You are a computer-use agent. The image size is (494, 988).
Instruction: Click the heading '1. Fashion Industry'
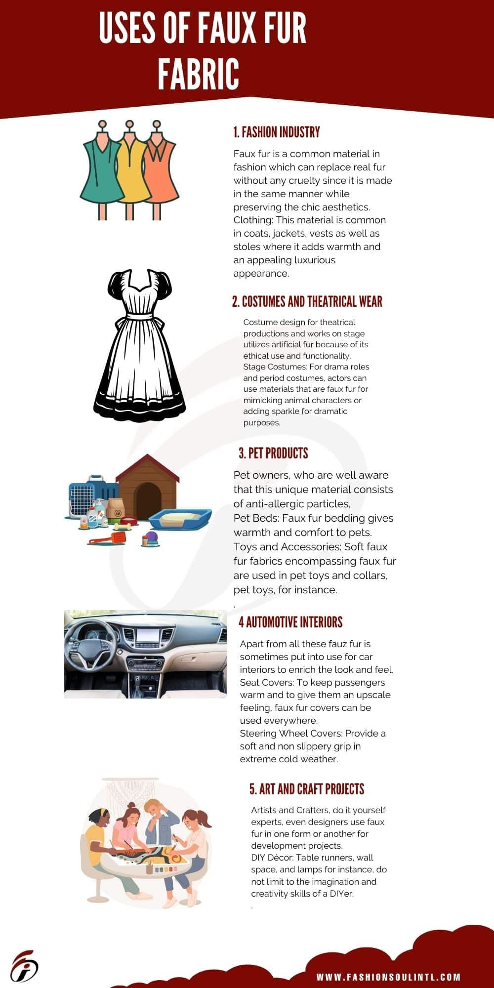277,132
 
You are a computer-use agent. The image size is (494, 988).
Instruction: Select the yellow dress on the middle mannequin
130,173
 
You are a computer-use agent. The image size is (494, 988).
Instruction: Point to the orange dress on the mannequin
161,175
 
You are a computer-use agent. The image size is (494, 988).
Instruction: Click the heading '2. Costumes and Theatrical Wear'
307,302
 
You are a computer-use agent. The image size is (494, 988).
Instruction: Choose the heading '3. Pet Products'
273,453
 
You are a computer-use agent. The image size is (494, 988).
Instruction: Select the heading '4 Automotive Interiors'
290,622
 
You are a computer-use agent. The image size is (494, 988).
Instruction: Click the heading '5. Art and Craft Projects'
307,789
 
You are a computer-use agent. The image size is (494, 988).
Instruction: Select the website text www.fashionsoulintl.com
388,977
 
